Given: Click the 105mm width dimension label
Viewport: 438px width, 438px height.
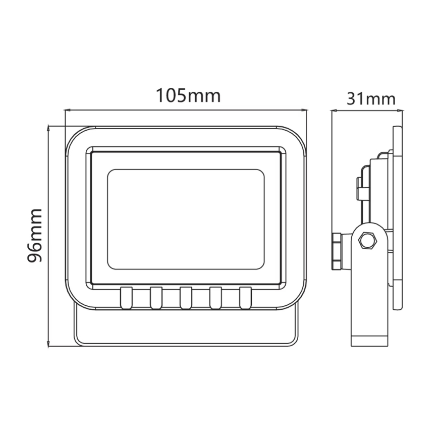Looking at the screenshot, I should (x=188, y=95).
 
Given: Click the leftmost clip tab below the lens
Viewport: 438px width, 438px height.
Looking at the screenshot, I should (x=126, y=298).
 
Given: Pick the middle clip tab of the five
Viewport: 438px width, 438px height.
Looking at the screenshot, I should (x=186, y=298).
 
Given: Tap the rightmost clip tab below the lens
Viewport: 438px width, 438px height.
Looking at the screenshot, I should (x=245, y=298).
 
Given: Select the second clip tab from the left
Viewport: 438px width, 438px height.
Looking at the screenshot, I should (x=156, y=298).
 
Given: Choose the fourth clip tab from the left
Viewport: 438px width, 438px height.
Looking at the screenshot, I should (x=215, y=298).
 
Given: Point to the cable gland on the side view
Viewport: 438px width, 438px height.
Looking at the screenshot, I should (x=337, y=251).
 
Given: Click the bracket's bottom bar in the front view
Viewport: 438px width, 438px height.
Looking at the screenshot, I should (x=186, y=343).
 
